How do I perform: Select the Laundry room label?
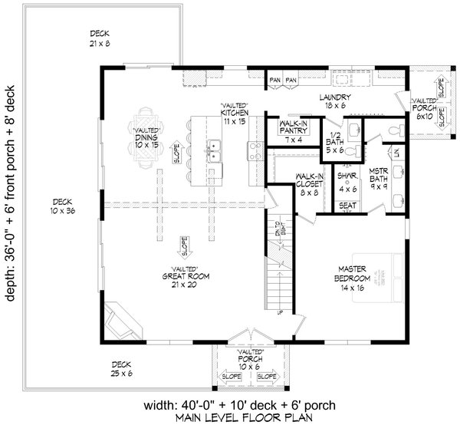pos(336,101)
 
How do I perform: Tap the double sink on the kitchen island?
pos(215,151)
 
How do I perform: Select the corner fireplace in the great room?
pos(123,319)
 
